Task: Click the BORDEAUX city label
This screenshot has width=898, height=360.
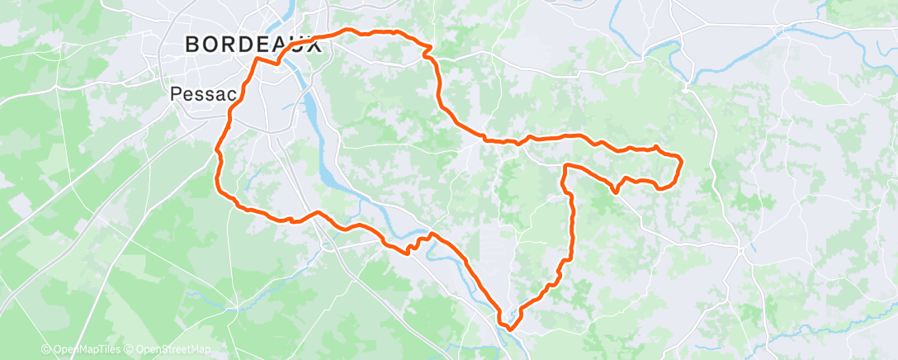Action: tap(253, 45)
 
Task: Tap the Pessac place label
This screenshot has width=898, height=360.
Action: tap(199, 94)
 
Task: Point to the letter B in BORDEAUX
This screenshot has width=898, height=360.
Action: tap(192, 45)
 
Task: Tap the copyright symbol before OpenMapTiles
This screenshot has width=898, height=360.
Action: tap(45, 350)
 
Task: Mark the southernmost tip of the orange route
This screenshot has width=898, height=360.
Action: tap(511, 329)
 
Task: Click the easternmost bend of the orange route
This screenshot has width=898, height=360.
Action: tap(681, 159)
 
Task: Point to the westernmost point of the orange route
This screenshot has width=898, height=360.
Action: tap(217, 152)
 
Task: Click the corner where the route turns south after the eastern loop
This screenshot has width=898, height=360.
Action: tap(566, 167)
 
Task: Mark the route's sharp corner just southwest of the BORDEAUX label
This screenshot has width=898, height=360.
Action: tap(256, 59)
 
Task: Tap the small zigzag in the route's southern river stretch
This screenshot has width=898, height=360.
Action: tap(409, 247)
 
